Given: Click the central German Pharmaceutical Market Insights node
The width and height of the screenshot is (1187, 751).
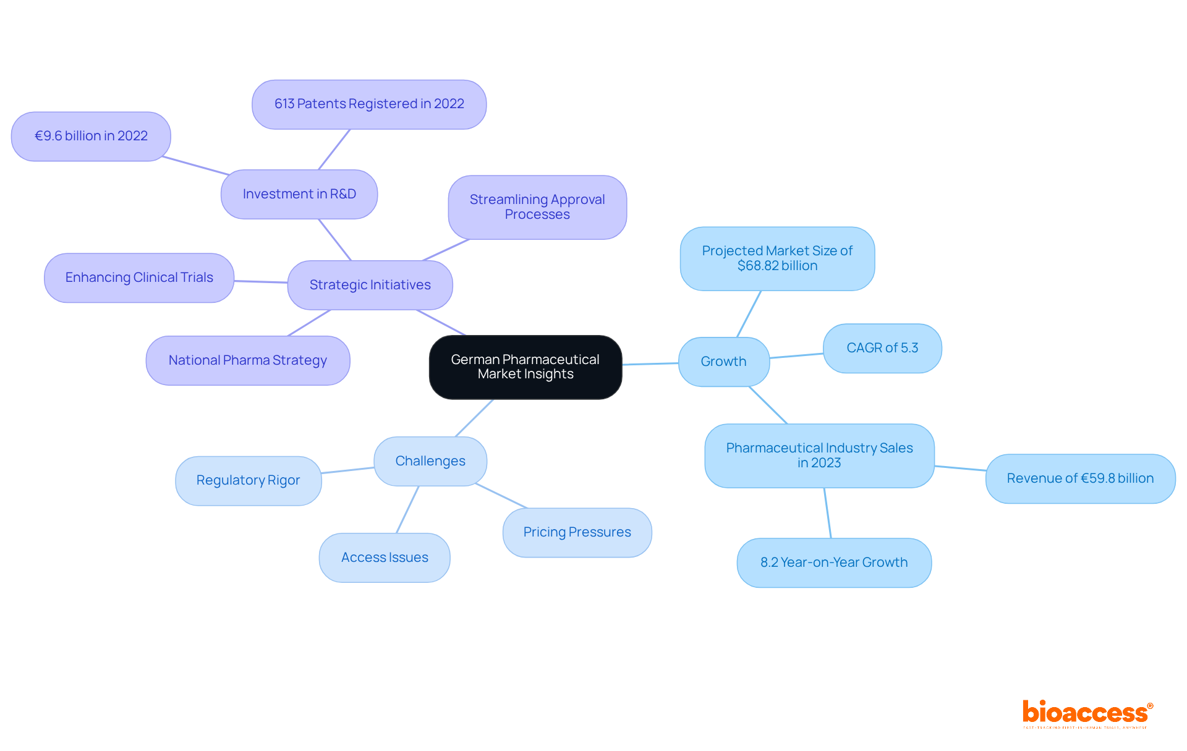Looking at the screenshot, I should (525, 367).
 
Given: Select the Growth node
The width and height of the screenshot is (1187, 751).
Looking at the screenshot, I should (723, 362).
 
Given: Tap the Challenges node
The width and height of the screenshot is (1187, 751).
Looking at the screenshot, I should (430, 461).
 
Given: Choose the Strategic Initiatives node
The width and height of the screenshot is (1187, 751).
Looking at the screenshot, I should (370, 285).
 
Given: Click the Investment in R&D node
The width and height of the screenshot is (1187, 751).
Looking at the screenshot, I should (299, 194).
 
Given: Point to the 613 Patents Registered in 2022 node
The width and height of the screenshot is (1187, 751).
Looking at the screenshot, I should (369, 104).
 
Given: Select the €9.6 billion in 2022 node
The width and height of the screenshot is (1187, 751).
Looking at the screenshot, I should (91, 136).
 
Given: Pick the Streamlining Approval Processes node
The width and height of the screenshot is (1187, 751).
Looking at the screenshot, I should (537, 207).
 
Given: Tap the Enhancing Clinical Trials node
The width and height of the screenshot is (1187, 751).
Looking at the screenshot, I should (139, 278).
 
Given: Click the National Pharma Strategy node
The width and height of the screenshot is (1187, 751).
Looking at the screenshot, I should (248, 360).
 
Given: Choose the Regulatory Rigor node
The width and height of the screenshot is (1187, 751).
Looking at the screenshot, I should (248, 480).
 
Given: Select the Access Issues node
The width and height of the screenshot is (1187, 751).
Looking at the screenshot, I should (385, 558).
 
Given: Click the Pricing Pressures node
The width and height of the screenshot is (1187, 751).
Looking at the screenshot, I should (577, 532).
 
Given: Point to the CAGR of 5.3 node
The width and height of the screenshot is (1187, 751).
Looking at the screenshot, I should (882, 348).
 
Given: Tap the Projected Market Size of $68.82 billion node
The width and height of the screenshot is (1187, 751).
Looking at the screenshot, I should (777, 258).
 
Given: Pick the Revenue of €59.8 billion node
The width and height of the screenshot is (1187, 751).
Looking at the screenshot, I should (1080, 478).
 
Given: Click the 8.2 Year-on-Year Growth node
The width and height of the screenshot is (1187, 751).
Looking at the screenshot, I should (834, 562).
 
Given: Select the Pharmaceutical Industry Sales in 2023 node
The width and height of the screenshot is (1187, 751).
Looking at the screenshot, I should (819, 456).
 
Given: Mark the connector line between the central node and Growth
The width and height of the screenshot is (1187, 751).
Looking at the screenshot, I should (650, 364).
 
